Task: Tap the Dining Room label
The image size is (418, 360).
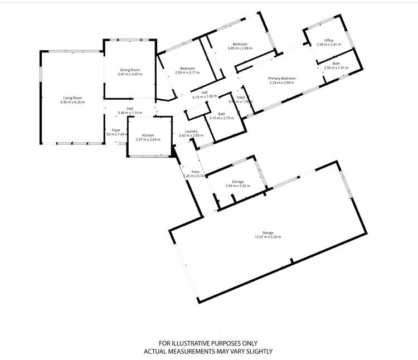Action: [130, 69]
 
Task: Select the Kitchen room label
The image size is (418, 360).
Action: [148, 135]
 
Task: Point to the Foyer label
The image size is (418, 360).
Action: [116, 130]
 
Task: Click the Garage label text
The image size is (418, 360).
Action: [268, 232]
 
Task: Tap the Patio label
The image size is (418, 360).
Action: [196, 172]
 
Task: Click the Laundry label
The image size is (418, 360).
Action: [192, 131]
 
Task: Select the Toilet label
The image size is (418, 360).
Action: [241, 98]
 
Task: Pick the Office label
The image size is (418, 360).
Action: [328, 40]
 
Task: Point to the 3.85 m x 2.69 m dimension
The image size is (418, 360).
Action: [240, 48]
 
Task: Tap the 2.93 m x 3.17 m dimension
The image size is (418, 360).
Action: [187, 72]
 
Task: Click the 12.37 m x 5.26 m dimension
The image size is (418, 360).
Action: [268, 237]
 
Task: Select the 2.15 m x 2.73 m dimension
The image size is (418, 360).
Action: [222, 118]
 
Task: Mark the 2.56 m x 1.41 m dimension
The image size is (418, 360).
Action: [336, 68]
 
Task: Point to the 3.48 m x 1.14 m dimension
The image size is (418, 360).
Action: [129, 113]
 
